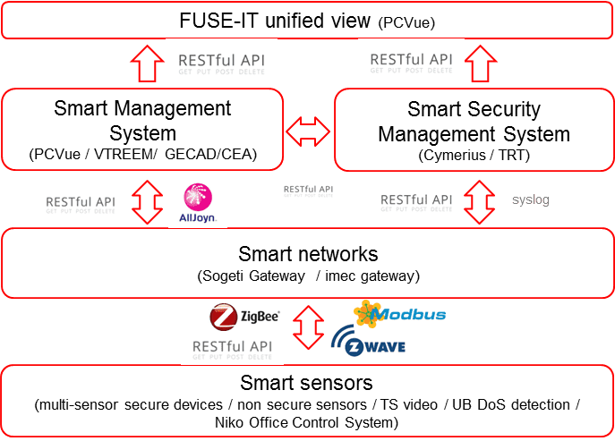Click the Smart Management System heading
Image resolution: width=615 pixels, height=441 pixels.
[142, 122]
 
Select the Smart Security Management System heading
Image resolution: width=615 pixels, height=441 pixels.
[474, 122]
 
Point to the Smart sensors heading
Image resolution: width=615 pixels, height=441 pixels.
[307, 383]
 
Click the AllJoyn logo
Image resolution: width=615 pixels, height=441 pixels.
[197, 203]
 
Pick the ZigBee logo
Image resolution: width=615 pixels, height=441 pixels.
[244, 316]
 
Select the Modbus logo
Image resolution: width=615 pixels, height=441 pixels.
[399, 313]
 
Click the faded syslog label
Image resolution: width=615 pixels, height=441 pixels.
[530, 199]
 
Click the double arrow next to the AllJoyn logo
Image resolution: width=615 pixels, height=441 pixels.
[146, 203]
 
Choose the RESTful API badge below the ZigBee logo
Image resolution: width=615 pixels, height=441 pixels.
[233, 345]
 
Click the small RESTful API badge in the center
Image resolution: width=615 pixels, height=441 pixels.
[307, 190]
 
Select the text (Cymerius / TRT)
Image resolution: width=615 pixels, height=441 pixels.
[474, 155]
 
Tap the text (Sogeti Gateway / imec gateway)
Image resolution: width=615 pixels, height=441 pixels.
[307, 275]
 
